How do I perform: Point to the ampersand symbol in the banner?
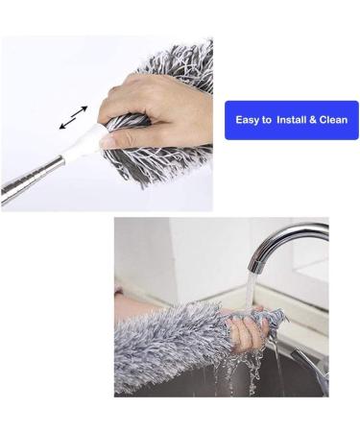pyautogui.click(x=312, y=120)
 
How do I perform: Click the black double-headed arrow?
pyautogui.click(x=73, y=117)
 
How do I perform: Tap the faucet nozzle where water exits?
pyautogui.click(x=258, y=262)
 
